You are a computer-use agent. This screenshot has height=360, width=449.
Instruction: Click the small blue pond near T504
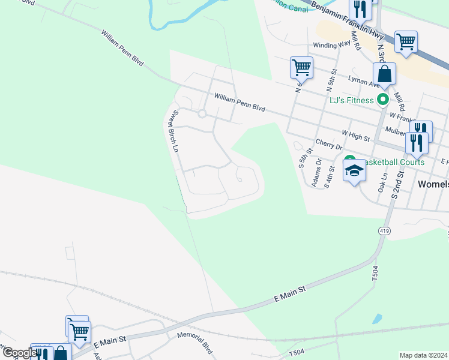376,319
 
